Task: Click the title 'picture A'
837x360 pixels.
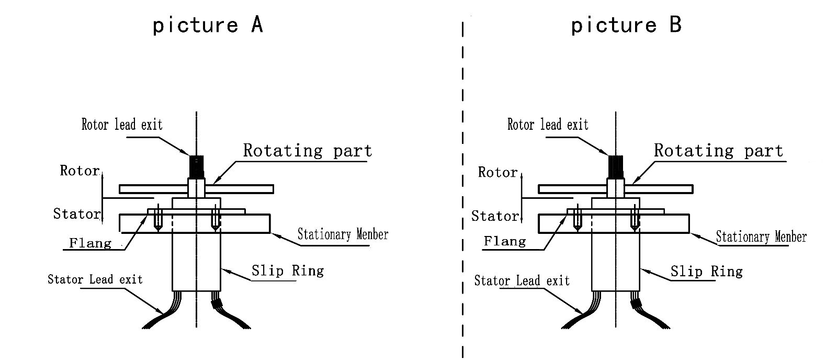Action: pos(208,25)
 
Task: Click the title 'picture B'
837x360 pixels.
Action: pos(626,25)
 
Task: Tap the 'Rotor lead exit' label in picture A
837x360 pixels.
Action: pos(122,125)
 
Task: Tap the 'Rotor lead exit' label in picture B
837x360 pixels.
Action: pos(548,125)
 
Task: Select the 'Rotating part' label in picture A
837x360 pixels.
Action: pos(308,151)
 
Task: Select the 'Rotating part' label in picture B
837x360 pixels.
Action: pos(718,151)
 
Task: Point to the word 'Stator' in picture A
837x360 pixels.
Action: pos(76,213)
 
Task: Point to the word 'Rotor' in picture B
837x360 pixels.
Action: pos(497,172)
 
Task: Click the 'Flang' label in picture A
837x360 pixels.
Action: pos(91,243)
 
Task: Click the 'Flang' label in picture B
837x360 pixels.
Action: pos(505,241)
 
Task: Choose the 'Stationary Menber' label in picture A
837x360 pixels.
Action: pos(343,234)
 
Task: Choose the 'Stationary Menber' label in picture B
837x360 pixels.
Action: pos(761,237)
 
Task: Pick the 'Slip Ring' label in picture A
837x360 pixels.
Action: pos(288,271)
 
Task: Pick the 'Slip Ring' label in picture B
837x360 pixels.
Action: pos(706,271)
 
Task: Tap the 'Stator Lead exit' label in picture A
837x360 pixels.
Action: pos(95,279)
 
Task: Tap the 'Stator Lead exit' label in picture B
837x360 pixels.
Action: pos(522,281)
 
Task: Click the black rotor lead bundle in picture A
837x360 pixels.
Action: pos(196,167)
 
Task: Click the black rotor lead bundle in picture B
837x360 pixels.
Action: pos(615,166)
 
